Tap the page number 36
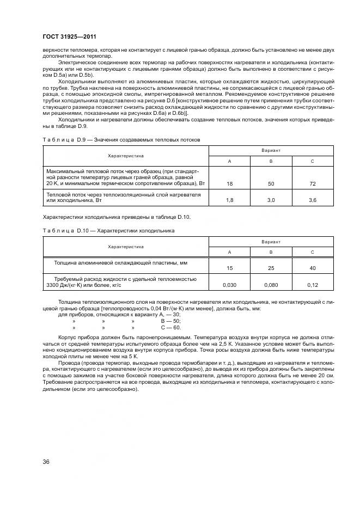tap(46, 462)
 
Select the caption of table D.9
tap(121, 139)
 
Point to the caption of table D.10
tap(108, 231)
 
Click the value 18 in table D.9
tap(229, 185)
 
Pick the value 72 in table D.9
tap(313, 185)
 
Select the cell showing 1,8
tap(229, 201)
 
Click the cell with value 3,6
tap(313, 201)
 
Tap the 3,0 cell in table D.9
tap(271, 201)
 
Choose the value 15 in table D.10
tap(229, 268)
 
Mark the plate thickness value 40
tap(313, 268)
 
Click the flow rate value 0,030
tap(229, 285)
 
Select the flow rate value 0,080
tap(271, 285)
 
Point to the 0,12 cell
tap(313, 285)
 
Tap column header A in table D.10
tap(229, 253)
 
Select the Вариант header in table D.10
tap(271, 241)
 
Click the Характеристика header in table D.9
tap(126, 156)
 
